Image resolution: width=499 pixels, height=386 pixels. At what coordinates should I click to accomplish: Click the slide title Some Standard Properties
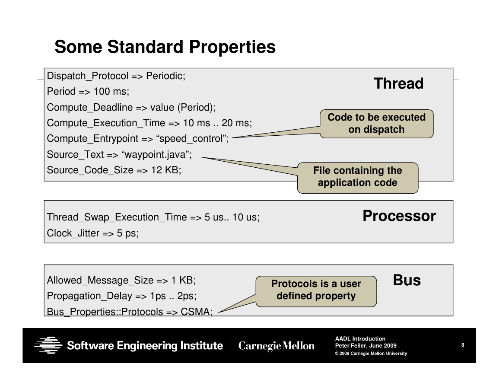[165, 47]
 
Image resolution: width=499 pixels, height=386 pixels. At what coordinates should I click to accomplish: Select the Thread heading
[398, 83]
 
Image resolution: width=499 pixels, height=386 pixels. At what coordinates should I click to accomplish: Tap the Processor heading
[399, 216]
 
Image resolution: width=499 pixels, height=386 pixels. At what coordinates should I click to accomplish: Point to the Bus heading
[407, 280]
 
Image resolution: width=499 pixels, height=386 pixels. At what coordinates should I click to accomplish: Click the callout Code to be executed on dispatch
[376, 124]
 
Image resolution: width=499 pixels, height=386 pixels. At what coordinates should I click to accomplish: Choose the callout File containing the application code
[358, 178]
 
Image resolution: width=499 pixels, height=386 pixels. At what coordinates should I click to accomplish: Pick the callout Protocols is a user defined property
[316, 291]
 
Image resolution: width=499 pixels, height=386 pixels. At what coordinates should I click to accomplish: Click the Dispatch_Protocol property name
[88, 76]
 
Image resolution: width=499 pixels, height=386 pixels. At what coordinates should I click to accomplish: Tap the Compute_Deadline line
[131, 107]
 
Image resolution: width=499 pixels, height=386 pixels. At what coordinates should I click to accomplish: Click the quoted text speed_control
[192, 139]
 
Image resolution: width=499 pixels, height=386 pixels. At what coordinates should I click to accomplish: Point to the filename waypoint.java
[155, 155]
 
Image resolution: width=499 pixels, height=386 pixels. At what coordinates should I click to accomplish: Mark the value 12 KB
[165, 170]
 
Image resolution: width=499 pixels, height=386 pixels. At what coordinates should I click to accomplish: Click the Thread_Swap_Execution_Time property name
[117, 217]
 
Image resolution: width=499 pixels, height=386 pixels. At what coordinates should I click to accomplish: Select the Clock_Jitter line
[93, 233]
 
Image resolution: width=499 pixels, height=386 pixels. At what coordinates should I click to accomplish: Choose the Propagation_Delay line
[121, 296]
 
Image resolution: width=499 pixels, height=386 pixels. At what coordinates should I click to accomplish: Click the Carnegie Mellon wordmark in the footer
[276, 346]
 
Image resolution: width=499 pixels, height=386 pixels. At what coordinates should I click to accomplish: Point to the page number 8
[463, 345]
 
